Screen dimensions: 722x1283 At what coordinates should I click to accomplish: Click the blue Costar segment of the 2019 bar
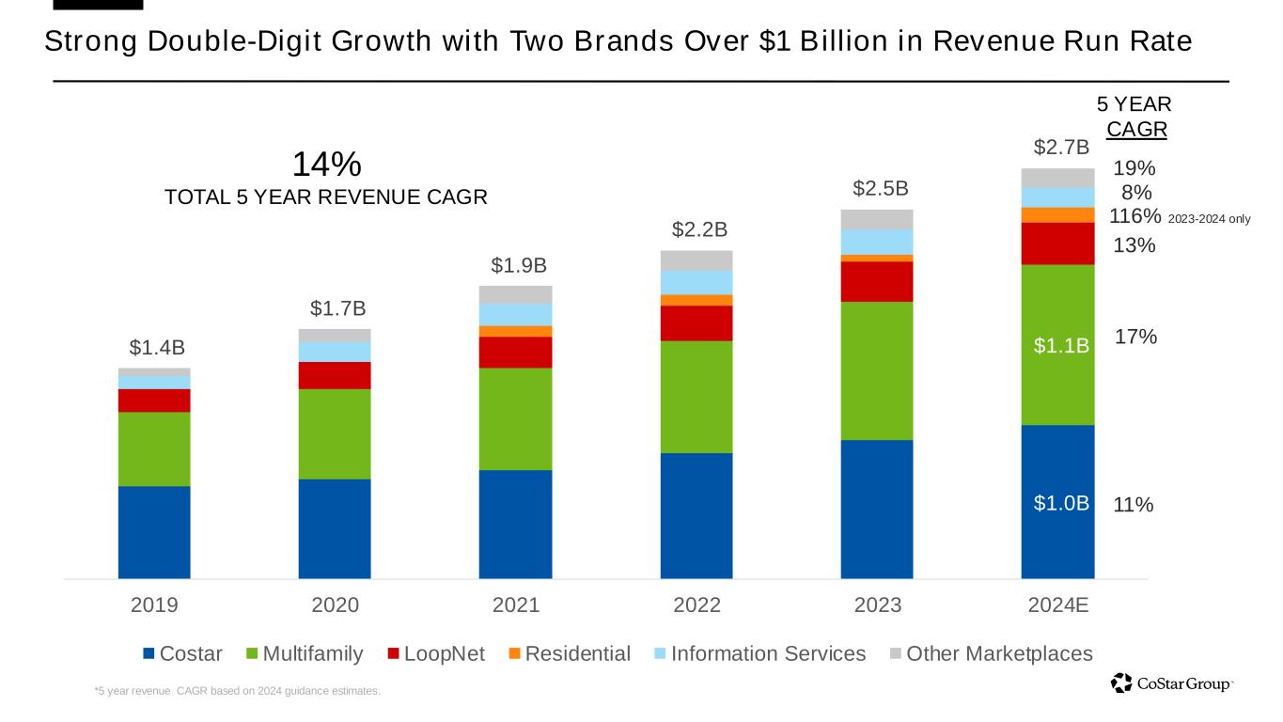[x=154, y=531]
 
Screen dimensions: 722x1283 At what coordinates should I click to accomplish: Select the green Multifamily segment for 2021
[x=515, y=418]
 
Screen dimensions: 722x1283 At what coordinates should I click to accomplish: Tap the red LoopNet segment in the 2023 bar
[x=877, y=281]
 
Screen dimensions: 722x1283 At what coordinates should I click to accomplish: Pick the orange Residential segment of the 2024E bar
[x=1057, y=214]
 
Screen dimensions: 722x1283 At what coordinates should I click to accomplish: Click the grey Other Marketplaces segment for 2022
[x=696, y=260]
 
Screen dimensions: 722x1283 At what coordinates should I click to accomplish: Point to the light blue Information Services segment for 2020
[x=335, y=352]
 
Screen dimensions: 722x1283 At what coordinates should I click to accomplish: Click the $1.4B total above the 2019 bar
[x=154, y=349]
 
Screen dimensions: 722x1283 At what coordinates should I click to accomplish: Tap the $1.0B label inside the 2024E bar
[x=1061, y=503]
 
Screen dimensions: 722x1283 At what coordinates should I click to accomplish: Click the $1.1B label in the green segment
[x=1061, y=346]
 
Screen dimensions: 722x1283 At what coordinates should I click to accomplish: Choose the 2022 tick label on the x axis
[x=696, y=604]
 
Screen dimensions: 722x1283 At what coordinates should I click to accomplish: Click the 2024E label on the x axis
[x=1057, y=604]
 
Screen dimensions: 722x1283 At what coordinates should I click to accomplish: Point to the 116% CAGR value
[x=1136, y=216]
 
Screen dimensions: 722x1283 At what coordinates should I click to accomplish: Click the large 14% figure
[x=326, y=165]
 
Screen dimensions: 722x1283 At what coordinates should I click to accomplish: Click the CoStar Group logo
[x=1171, y=683]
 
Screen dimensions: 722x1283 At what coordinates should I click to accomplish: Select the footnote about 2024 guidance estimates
[x=237, y=691]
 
